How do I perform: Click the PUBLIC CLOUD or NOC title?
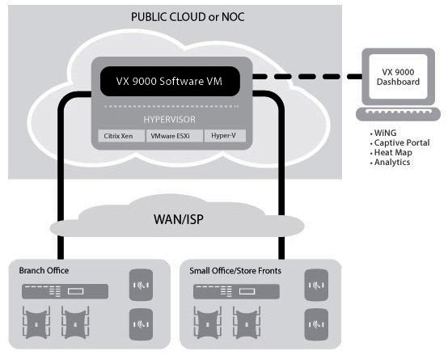188,17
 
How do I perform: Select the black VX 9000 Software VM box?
170,81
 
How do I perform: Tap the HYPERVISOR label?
170,119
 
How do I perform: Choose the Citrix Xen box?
120,136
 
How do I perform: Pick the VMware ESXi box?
175,136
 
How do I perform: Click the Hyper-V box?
225,136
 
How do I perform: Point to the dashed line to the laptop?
307,76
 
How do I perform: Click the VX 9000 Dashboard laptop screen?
399,77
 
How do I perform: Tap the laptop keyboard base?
398,114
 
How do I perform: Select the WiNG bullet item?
383,133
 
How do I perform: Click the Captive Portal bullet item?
399,142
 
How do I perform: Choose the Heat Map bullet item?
391,152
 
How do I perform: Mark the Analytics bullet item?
390,162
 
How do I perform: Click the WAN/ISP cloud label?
179,219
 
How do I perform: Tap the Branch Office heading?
44,270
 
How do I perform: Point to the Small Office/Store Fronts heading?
235,270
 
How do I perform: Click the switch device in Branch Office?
66,291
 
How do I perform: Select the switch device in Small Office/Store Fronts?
236,291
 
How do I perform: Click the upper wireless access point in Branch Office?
141,285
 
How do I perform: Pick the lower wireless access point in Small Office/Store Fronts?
316,324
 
